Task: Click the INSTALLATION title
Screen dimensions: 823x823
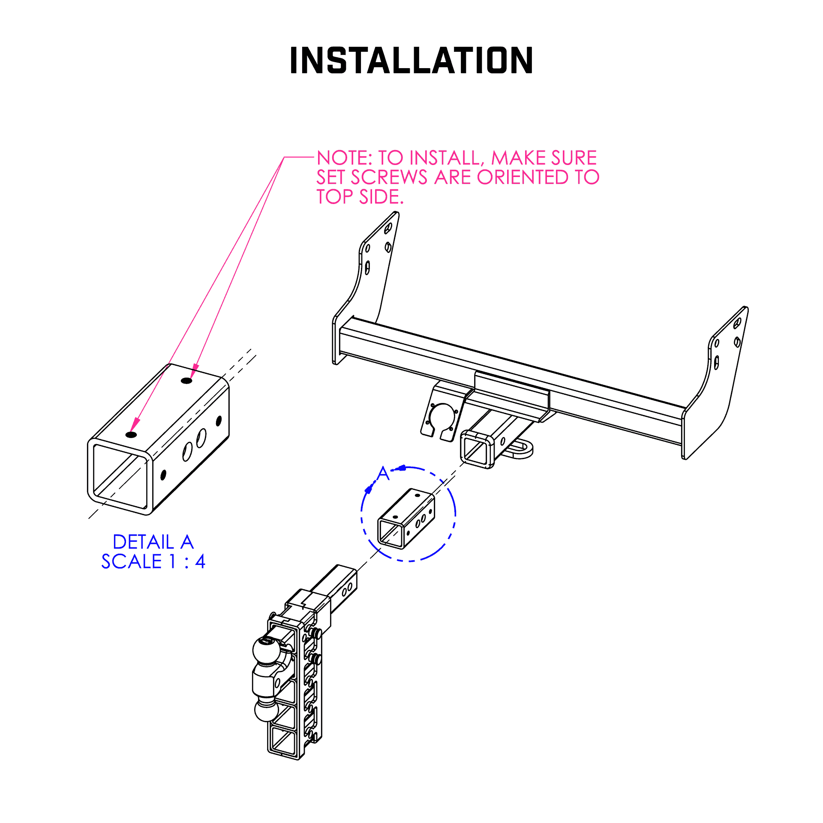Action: pyautogui.click(x=411, y=60)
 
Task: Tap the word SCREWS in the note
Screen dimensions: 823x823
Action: pyautogui.click(x=389, y=177)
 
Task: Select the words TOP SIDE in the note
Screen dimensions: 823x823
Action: pyautogui.click(x=360, y=197)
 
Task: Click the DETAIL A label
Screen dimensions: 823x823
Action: pyautogui.click(x=153, y=542)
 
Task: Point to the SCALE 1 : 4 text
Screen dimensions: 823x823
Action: pyautogui.click(x=153, y=562)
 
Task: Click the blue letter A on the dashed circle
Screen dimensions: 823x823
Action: pyautogui.click(x=383, y=474)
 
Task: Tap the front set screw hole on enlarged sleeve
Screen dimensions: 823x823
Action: pyautogui.click(x=131, y=435)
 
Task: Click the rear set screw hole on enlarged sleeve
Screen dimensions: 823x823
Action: pyautogui.click(x=186, y=380)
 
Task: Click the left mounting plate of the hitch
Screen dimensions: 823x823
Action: pyautogui.click(x=369, y=274)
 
